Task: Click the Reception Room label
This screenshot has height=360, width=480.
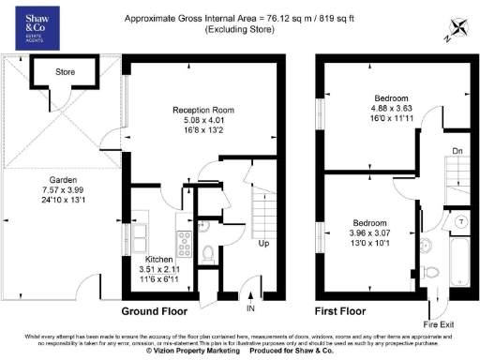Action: [202, 110]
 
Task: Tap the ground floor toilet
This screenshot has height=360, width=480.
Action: [208, 251]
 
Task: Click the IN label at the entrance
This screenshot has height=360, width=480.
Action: [250, 307]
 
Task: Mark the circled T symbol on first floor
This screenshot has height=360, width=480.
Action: [461, 221]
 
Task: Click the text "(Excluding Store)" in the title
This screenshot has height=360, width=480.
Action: [243, 30]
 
